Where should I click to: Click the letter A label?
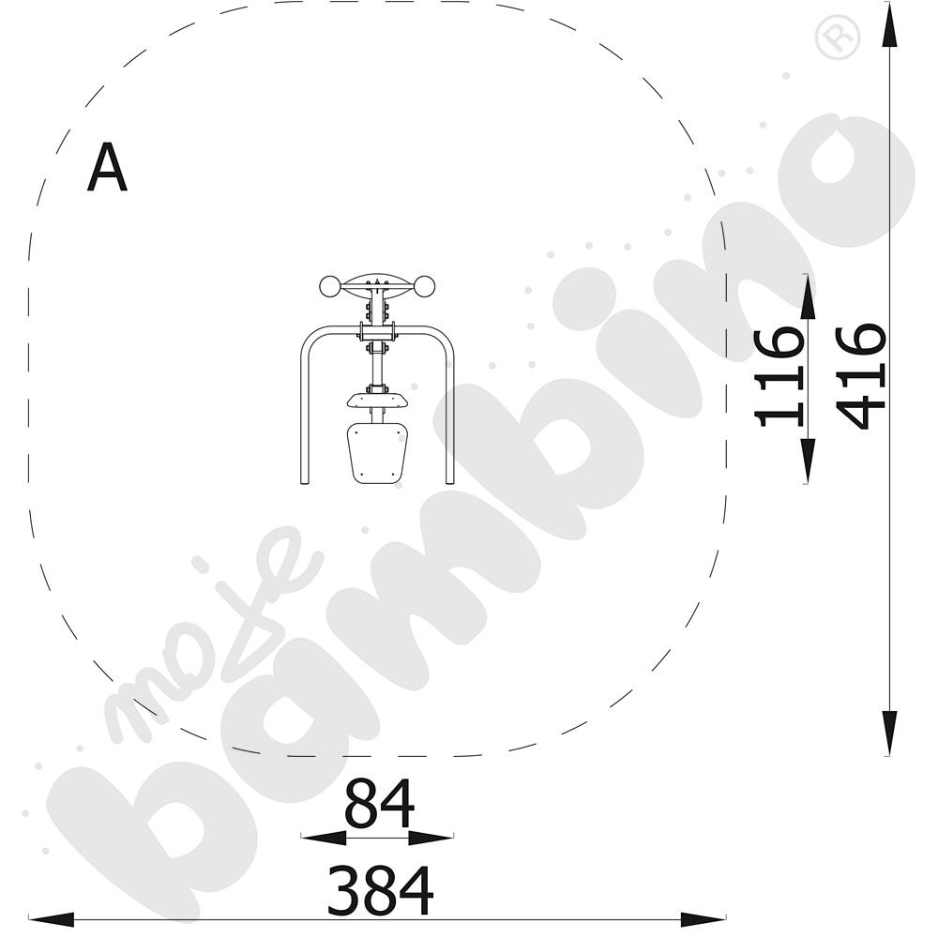[107, 168]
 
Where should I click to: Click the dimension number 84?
[379, 803]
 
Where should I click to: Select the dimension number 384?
[381, 891]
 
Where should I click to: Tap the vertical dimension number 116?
[779, 377]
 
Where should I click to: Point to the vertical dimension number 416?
[860, 377]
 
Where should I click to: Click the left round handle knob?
[329, 286]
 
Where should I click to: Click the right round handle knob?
[424, 286]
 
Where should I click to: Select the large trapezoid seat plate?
[377, 452]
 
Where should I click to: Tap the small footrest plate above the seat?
[377, 401]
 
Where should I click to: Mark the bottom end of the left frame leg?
[304, 481]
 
